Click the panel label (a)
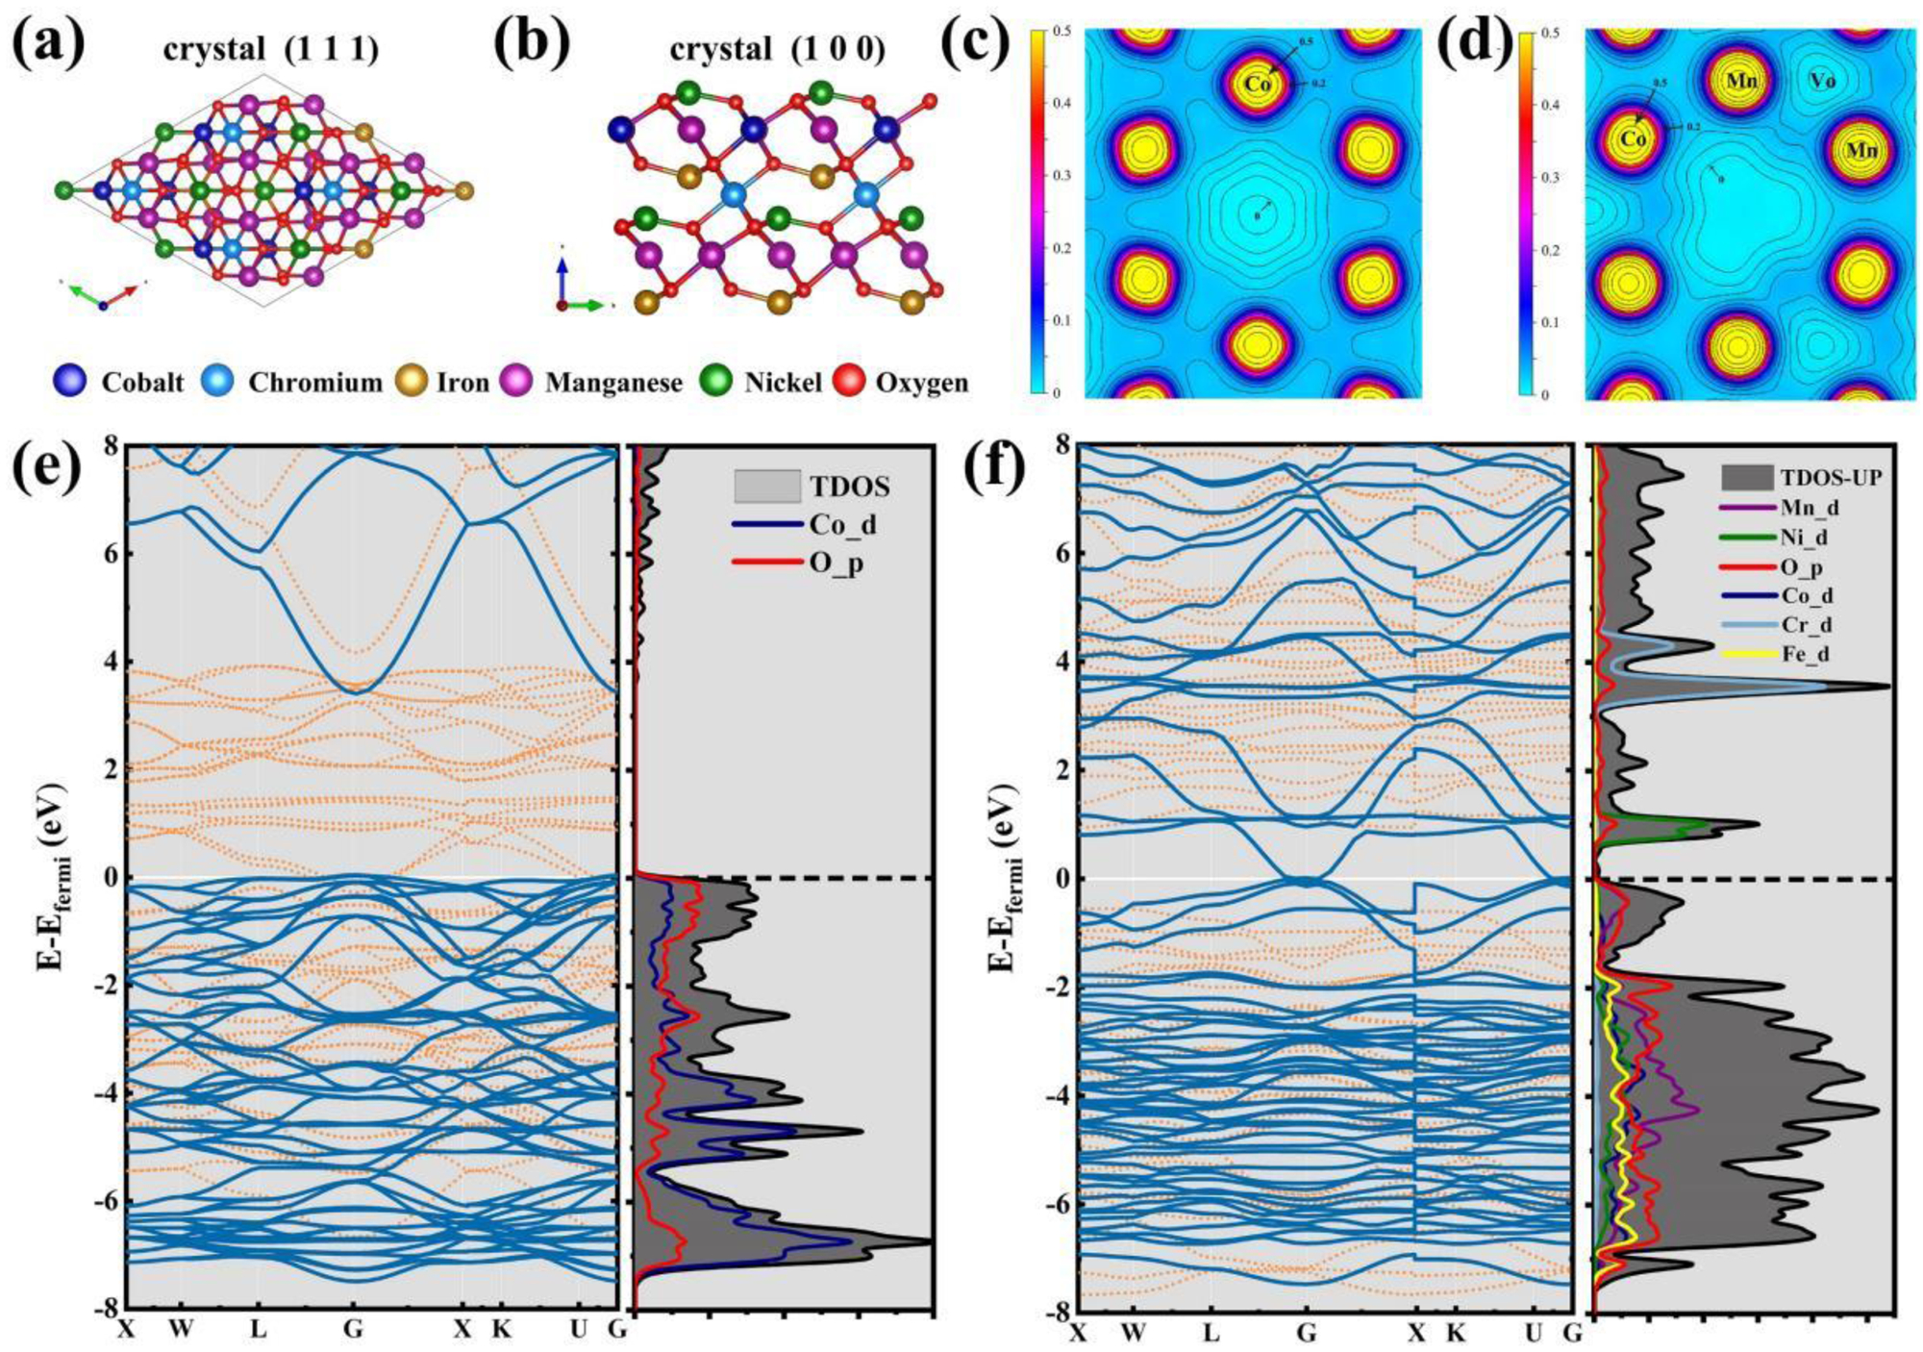click(x=49, y=45)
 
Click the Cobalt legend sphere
click(x=70, y=382)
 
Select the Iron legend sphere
click(x=412, y=382)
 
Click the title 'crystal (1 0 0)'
click(x=777, y=49)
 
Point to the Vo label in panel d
click(x=1822, y=81)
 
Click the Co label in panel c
click(x=1258, y=84)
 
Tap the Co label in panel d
click(x=1634, y=139)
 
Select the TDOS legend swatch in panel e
click(x=766, y=486)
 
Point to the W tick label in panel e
click(x=180, y=1329)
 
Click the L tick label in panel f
click(x=1211, y=1333)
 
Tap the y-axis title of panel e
click(x=54, y=877)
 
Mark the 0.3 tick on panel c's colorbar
click(x=1060, y=176)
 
